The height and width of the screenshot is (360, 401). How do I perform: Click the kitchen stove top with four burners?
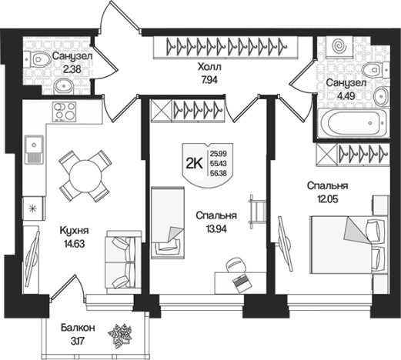pyautogui.click(x=65, y=112)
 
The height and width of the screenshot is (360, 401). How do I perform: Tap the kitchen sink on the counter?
pyautogui.click(x=34, y=149)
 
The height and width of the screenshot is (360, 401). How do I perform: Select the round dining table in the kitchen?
pyautogui.click(x=85, y=176)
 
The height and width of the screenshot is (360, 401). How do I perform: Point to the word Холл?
pyautogui.click(x=209, y=67)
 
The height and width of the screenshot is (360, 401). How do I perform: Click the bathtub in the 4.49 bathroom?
pyautogui.click(x=353, y=123)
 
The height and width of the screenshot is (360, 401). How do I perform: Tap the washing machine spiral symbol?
pyautogui.click(x=339, y=46)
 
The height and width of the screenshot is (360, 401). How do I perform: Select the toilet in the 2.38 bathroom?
pyautogui.click(x=38, y=59)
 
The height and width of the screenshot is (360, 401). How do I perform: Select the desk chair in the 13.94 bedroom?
pyautogui.click(x=236, y=267)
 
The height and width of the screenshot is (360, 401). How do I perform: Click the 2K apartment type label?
pyautogui.click(x=195, y=164)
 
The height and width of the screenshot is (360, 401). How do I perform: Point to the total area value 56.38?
pyautogui.click(x=219, y=173)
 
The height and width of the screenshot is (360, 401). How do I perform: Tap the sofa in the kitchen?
pyautogui.click(x=124, y=262)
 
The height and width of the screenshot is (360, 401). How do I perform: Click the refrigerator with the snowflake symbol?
pyautogui.click(x=34, y=208)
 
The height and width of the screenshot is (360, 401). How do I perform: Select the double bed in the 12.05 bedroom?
pyautogui.click(x=349, y=245)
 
